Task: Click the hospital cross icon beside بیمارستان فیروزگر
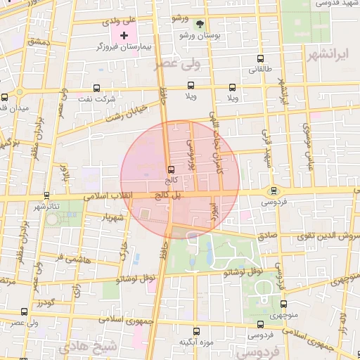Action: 124,34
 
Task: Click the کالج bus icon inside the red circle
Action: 171,169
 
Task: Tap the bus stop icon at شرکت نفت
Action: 96,89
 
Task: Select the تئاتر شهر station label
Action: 47,207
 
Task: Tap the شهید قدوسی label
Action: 334,4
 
